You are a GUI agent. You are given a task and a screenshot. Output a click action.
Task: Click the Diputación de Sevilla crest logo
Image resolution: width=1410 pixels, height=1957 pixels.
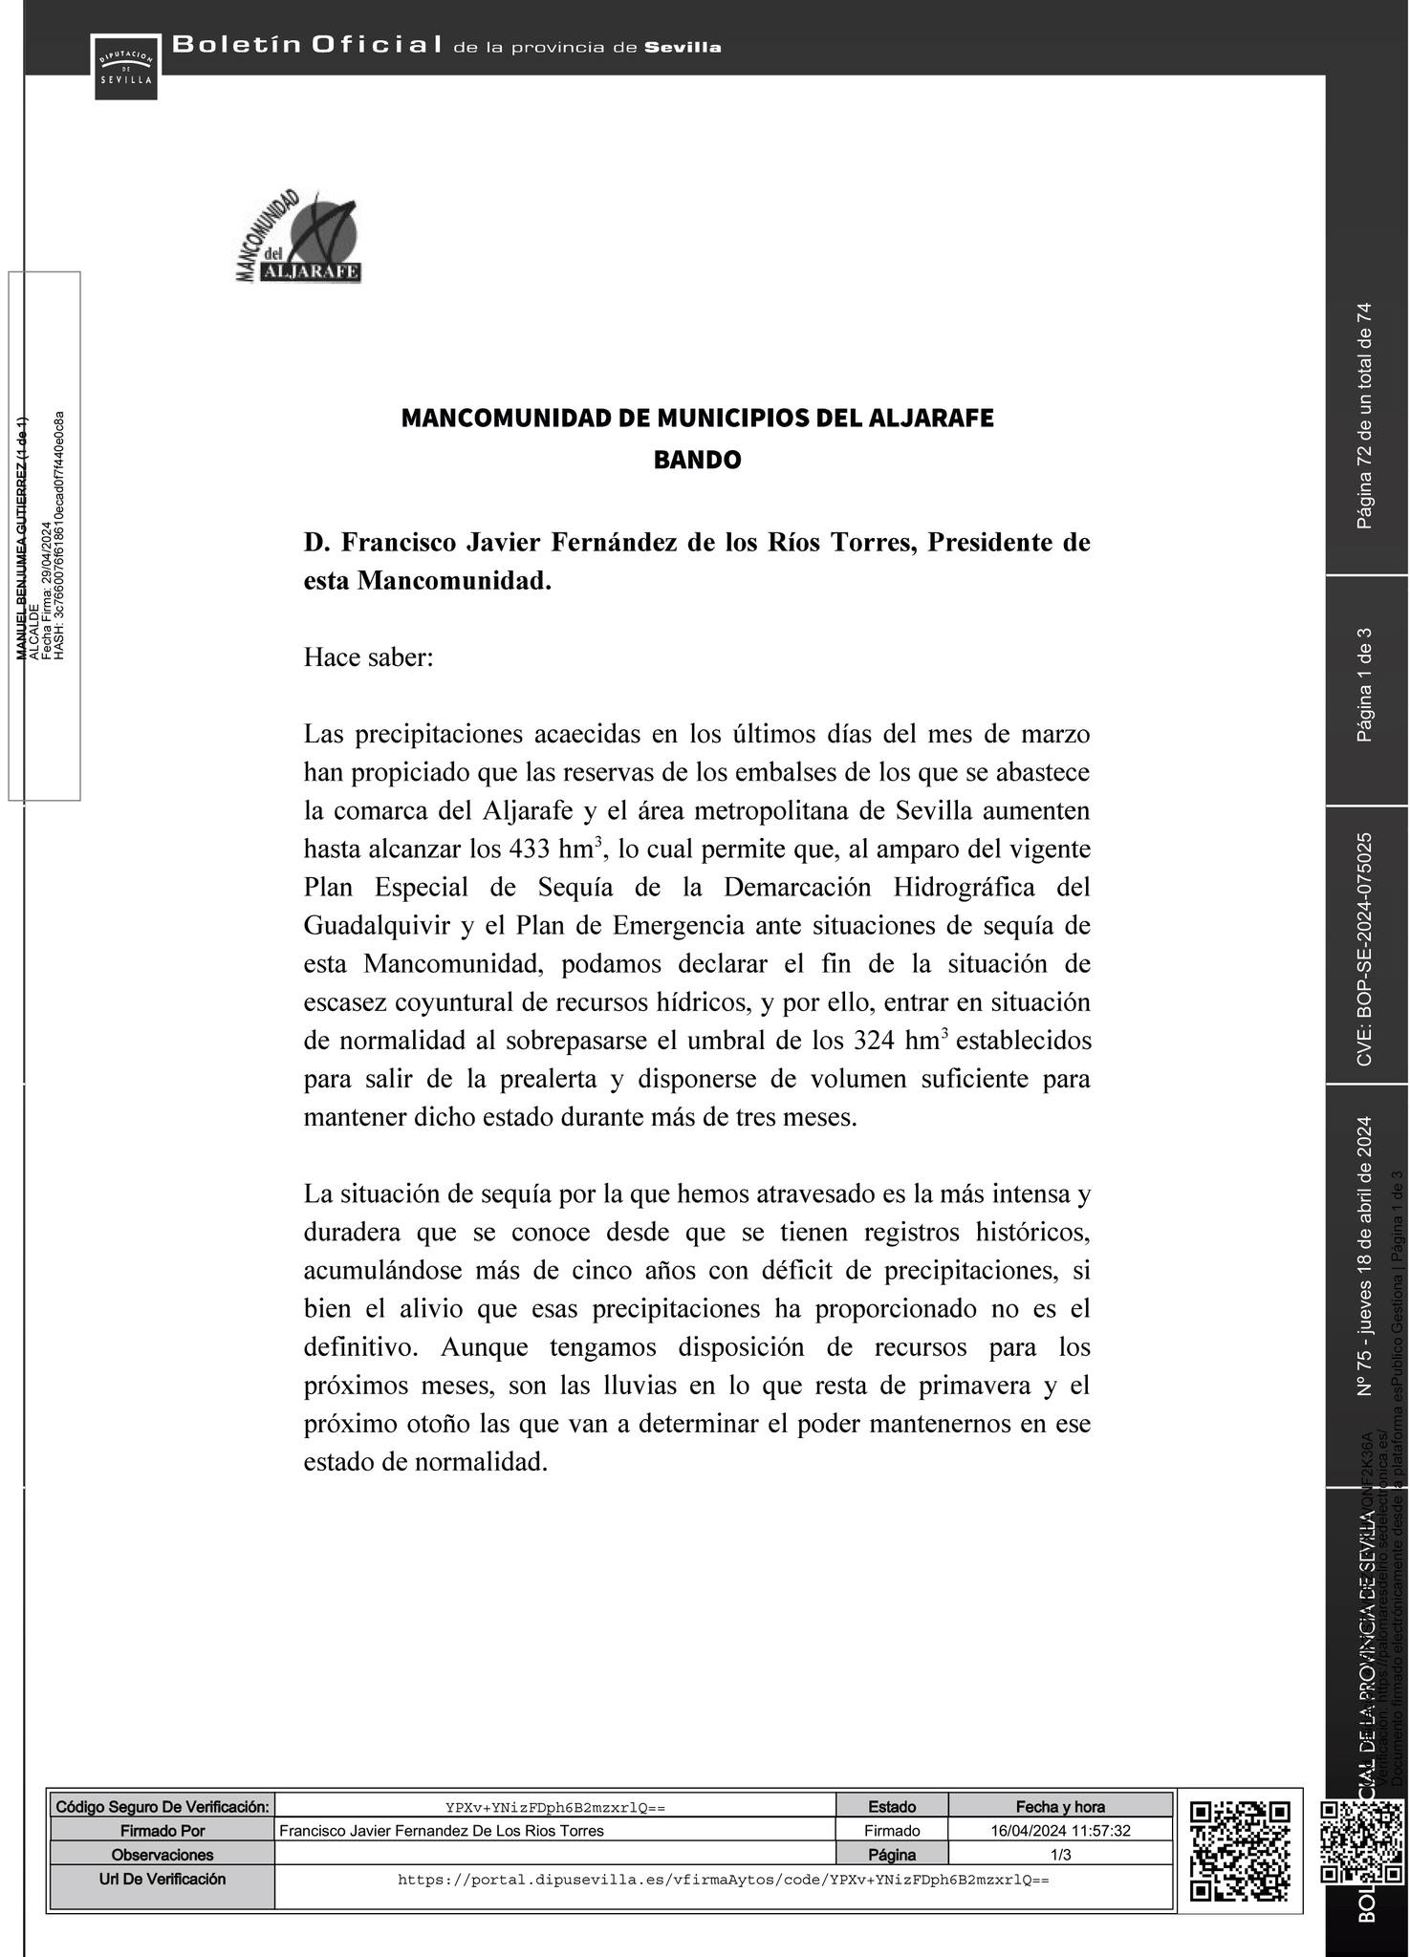pyautogui.click(x=125, y=65)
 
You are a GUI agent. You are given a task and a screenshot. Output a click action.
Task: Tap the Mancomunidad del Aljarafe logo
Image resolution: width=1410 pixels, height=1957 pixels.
pyautogui.click(x=298, y=238)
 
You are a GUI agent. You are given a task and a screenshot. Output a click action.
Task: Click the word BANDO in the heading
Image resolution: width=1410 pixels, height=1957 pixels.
pyautogui.click(x=697, y=461)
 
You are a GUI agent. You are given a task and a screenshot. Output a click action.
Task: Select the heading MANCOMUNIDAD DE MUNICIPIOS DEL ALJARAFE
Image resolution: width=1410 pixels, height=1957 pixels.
pyautogui.click(x=697, y=419)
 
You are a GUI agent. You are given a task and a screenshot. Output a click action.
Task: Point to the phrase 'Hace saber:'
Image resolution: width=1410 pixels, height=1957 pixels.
pyautogui.click(x=368, y=658)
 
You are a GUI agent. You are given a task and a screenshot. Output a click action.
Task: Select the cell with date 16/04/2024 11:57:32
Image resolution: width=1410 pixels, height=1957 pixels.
pyautogui.click(x=1060, y=1831)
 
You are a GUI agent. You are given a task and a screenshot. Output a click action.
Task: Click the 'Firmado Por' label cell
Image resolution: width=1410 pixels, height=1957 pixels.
pyautogui.click(x=163, y=1831)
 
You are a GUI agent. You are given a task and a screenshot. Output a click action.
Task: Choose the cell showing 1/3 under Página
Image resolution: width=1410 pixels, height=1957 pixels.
pyautogui.click(x=1060, y=1855)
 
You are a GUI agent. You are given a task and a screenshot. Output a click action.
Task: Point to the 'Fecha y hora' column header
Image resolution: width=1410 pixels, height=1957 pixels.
pyautogui.click(x=1060, y=1806)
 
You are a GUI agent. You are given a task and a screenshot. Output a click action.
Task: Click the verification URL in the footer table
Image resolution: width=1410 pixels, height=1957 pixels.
pyautogui.click(x=723, y=1880)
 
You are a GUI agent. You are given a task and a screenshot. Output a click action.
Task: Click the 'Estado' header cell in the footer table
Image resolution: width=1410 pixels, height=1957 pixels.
pyautogui.click(x=892, y=1806)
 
